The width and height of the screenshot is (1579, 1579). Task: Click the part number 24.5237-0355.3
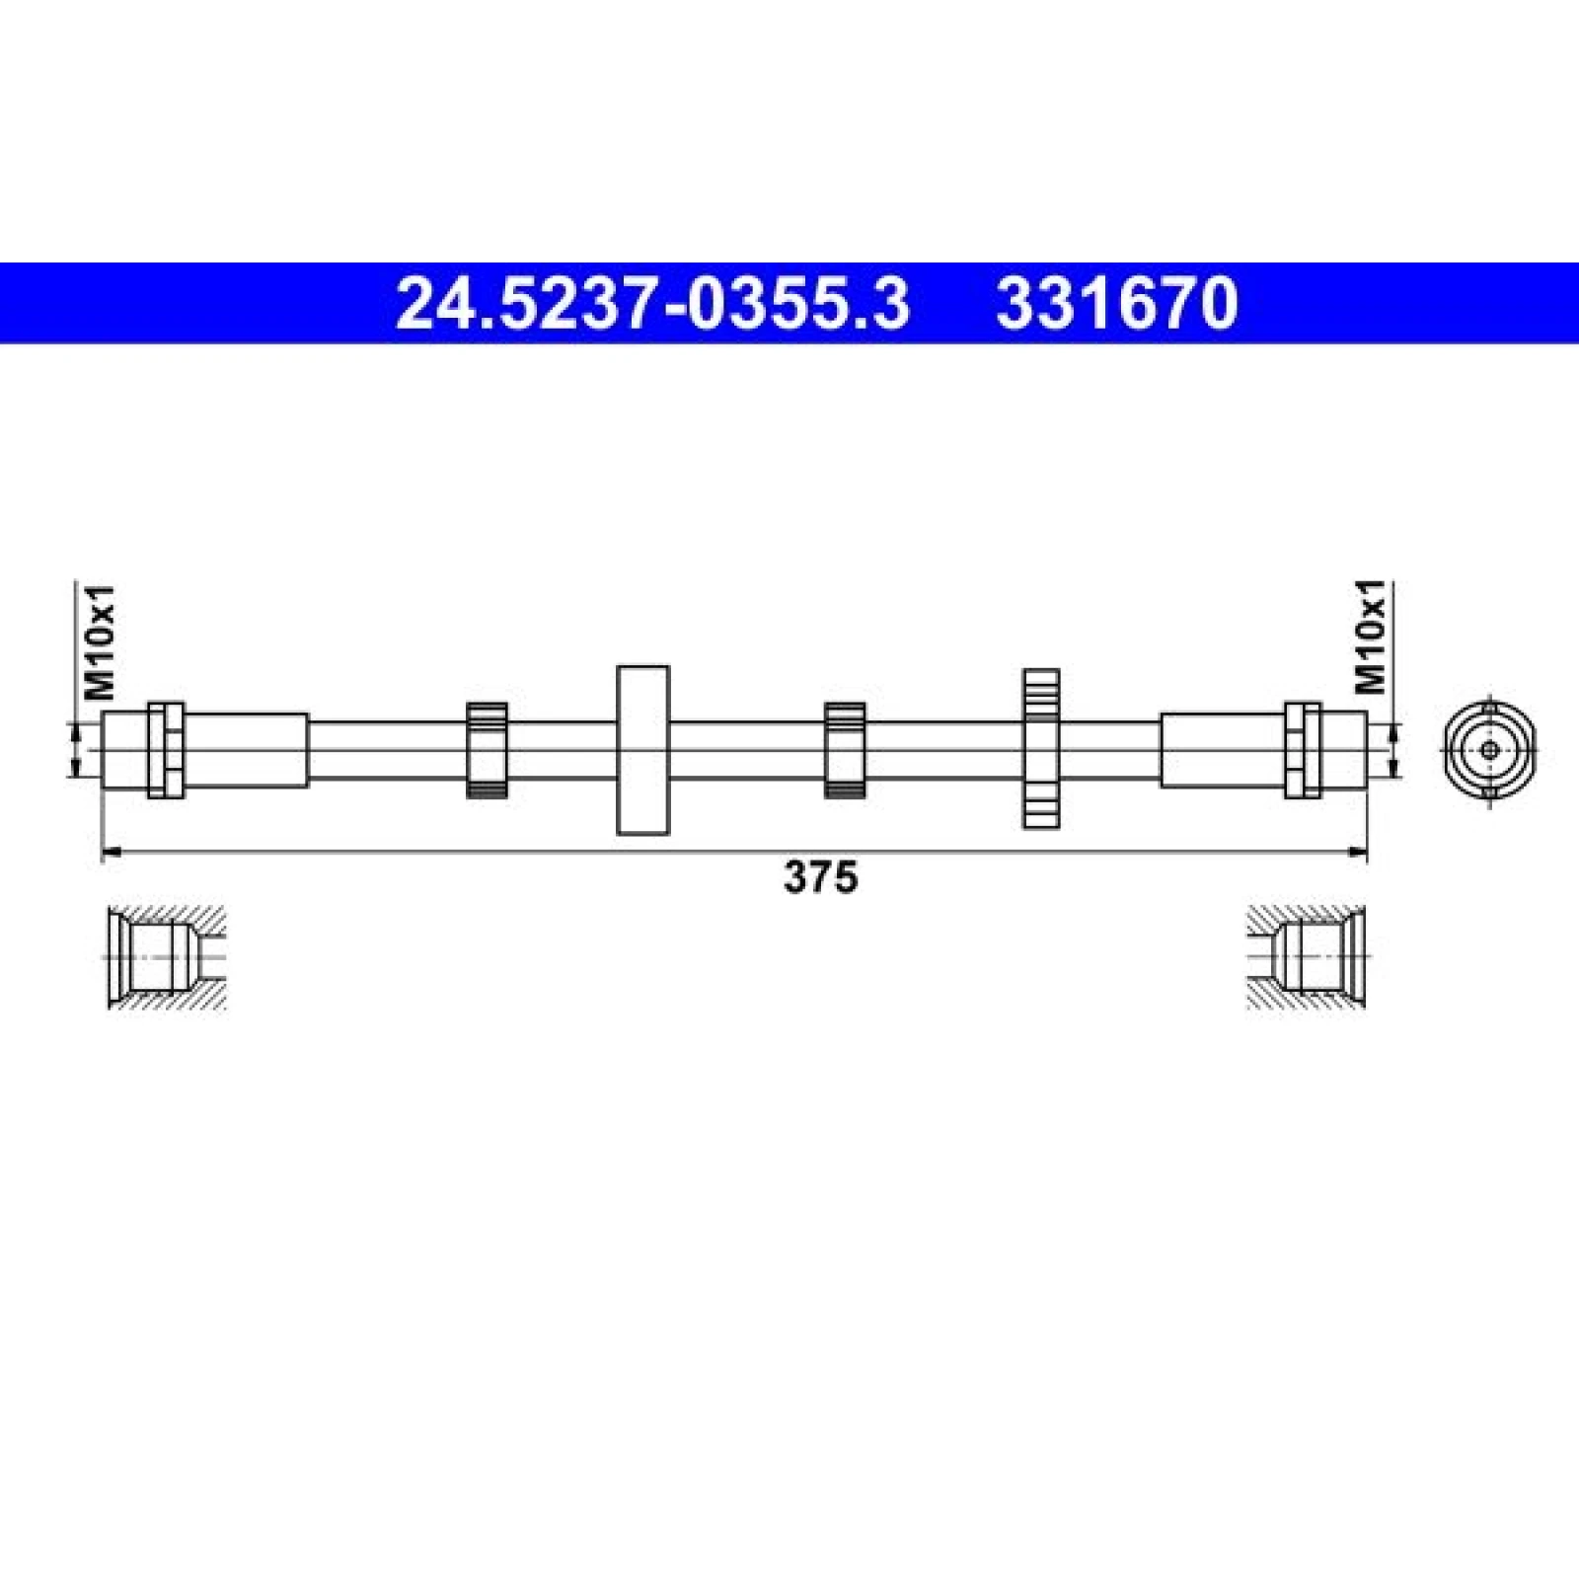652,303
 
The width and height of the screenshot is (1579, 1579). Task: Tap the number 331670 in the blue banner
1117,303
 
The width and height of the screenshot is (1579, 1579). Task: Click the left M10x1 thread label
102,641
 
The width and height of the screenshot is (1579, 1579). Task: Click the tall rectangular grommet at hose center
642,750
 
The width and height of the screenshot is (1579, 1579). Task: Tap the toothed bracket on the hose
1040,747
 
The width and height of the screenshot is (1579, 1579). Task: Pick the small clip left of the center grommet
487,750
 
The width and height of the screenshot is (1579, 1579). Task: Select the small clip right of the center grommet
845,750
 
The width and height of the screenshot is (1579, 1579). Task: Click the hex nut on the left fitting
166,750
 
